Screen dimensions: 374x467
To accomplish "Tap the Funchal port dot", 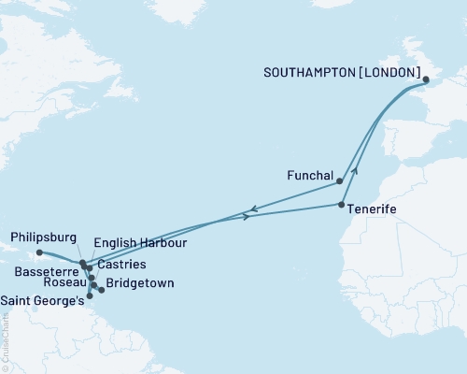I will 341,182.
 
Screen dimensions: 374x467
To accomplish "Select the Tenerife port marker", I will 342,204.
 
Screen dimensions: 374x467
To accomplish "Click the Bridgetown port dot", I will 102,290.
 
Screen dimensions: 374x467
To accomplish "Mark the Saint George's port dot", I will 89,296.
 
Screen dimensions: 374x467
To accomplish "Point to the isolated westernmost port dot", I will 39,252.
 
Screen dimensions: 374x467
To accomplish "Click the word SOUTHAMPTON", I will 318,71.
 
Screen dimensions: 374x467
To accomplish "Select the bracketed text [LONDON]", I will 390,71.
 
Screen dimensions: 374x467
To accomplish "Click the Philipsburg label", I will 43,237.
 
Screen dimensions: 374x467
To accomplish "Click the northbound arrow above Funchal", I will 355,171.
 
